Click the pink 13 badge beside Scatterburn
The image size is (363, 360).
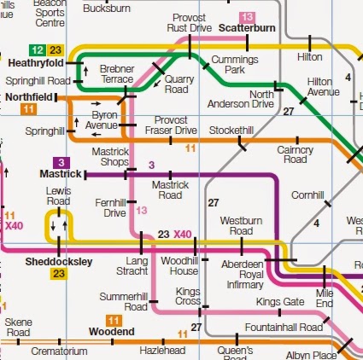point(248,16)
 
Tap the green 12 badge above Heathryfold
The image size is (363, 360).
point(37,50)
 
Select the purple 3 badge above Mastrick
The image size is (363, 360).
point(60,162)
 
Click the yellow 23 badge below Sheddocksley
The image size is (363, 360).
point(58,274)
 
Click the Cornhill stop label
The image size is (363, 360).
point(307,195)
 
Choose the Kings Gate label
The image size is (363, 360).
point(280,302)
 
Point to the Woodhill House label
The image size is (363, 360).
point(179,264)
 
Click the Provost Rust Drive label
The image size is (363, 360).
point(191,23)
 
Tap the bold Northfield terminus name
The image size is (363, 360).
point(27,98)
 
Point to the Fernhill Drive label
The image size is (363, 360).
point(114,207)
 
